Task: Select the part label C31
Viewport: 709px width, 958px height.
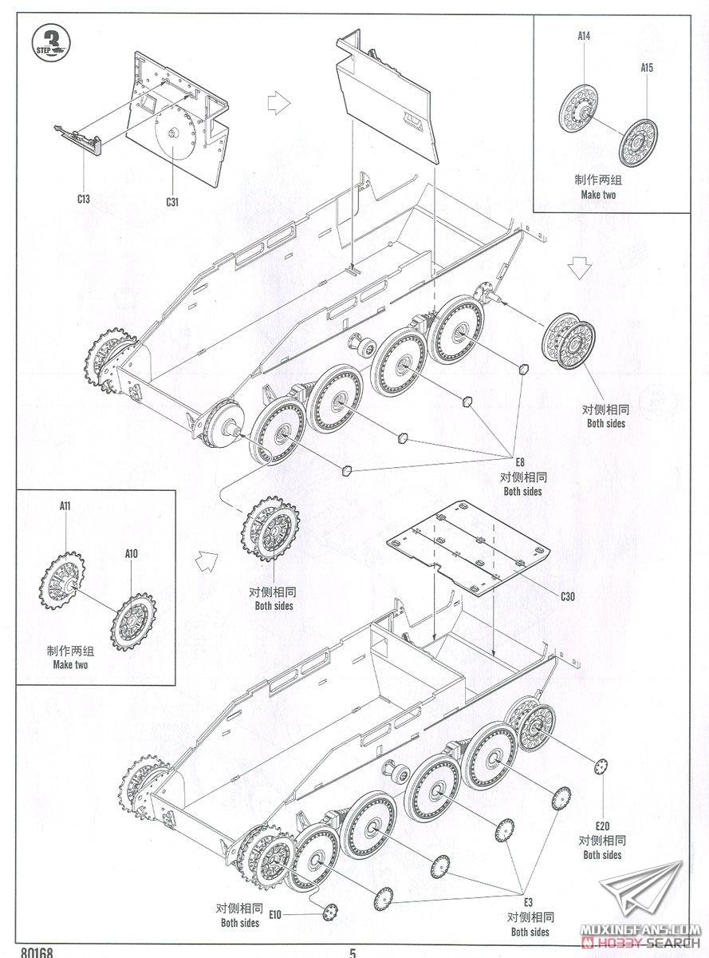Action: pos(172,201)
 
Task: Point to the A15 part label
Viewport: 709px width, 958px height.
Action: pos(647,68)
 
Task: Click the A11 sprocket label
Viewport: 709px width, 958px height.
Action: pos(65,505)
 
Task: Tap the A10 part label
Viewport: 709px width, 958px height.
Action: pos(131,552)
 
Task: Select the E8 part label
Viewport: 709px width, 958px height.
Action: pos(522,461)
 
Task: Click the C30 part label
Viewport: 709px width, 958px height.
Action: pos(568,596)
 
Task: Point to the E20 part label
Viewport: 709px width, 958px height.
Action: pos(601,825)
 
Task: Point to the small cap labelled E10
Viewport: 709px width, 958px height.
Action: pos(330,909)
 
